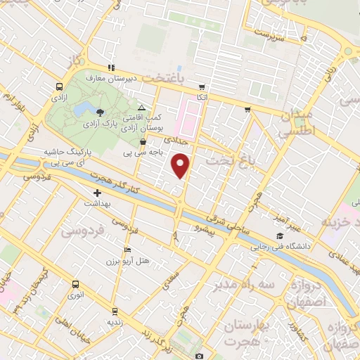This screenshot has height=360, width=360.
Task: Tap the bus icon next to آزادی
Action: pos(59,86)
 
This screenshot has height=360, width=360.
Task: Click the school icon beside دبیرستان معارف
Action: pos(110,68)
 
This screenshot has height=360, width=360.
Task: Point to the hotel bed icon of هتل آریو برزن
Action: pos(127,250)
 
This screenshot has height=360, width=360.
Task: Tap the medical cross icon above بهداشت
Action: pos(98,192)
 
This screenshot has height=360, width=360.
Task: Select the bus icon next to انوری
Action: pos(75,284)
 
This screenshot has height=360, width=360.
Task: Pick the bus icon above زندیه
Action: pos(115,309)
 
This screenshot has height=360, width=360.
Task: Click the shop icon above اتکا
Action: pos(202,86)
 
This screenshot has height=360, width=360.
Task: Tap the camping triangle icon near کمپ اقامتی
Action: pos(141,108)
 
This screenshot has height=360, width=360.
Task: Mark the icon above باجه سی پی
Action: pos(143,141)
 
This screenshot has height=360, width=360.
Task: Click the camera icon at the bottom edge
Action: pos(199,356)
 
